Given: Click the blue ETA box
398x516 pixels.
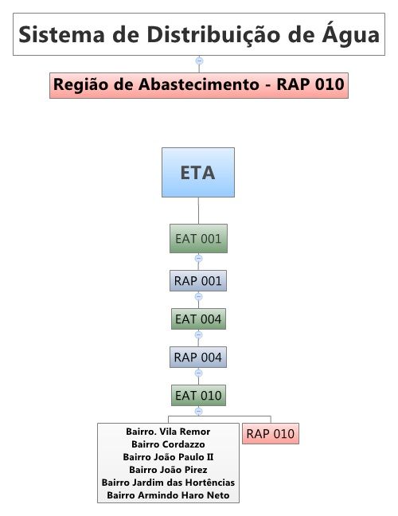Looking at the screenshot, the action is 198,173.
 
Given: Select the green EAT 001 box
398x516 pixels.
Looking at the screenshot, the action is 198,239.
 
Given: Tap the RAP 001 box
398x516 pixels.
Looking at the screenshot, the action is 198,281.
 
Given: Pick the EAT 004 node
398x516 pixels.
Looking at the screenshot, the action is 198,319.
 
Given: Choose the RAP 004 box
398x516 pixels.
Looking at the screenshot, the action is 198,357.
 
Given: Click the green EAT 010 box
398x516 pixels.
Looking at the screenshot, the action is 198,395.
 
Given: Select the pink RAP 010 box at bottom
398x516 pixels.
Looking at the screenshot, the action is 271,434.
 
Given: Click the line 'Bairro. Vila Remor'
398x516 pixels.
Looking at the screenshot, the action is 168,432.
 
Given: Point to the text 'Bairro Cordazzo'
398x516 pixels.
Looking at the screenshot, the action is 168,444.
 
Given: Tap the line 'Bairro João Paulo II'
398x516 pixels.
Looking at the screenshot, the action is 168,457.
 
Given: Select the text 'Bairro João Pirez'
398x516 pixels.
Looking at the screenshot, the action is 168,470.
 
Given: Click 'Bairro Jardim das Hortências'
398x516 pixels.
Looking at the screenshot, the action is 168,483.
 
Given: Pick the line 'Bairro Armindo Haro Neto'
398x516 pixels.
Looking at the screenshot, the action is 168,495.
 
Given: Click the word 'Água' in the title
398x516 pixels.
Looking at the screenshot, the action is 350,34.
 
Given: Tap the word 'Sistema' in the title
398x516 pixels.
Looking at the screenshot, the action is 62,34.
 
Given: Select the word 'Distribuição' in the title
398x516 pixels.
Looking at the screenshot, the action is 213,35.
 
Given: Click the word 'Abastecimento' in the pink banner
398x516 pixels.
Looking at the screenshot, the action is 199,84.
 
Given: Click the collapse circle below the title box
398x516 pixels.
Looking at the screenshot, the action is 199,61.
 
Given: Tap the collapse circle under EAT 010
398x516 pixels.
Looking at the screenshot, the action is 198,411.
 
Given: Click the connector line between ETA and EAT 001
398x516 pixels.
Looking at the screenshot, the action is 198,210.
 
